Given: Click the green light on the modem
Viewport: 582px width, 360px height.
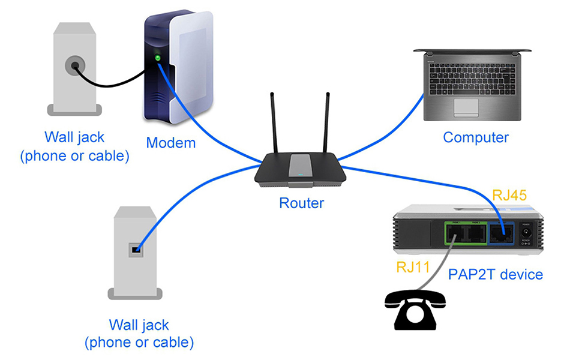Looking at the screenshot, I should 158,58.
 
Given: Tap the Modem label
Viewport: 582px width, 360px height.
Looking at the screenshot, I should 171,143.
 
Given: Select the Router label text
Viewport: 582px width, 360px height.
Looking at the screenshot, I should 301,203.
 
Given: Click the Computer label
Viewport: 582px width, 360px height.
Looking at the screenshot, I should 475,137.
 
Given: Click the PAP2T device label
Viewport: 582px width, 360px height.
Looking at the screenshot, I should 496,275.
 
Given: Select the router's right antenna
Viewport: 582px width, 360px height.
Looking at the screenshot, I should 326,124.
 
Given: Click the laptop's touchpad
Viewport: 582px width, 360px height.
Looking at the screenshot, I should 466,107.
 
